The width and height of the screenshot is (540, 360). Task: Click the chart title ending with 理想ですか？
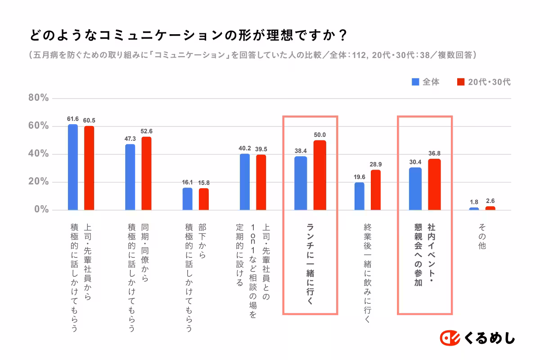[x=189, y=35]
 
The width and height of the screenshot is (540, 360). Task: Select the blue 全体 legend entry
[x=426, y=82]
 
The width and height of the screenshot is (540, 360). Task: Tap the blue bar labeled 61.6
[x=73, y=167]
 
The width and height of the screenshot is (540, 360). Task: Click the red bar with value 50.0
[x=319, y=175]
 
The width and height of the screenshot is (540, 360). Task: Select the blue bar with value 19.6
[x=360, y=196]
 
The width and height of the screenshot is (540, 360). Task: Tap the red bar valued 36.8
[x=434, y=184]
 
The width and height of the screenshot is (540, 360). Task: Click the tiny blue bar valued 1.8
[x=474, y=209]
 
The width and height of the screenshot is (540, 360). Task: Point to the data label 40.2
[x=245, y=148]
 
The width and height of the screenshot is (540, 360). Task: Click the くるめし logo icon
[x=449, y=337]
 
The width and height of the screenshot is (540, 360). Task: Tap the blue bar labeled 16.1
[x=187, y=199]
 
